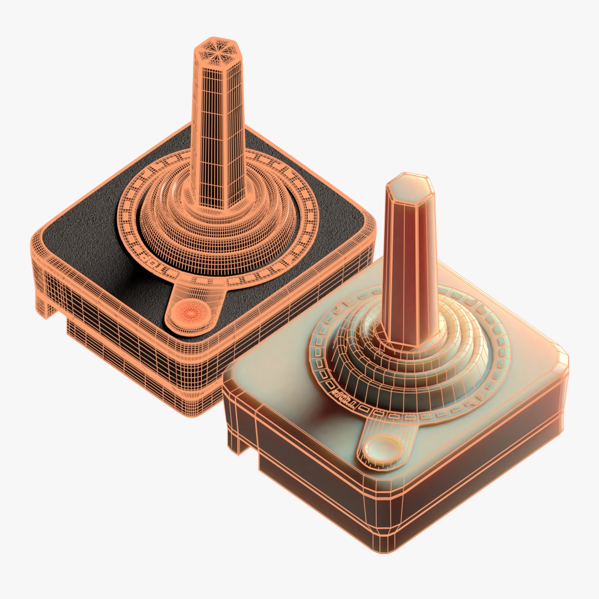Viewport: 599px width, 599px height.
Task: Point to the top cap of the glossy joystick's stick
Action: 409,187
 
